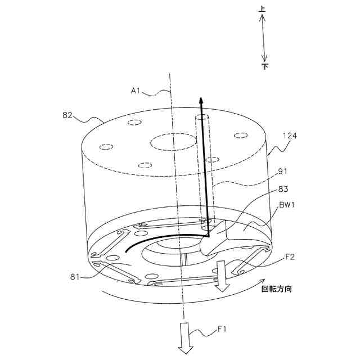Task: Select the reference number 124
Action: pos(290,136)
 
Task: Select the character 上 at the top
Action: pos(263,9)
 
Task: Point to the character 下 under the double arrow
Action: pos(264,66)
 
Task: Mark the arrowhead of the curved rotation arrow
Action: pos(260,281)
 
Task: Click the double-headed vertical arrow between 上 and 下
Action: pos(263,38)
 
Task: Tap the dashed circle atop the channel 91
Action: pos(202,119)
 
